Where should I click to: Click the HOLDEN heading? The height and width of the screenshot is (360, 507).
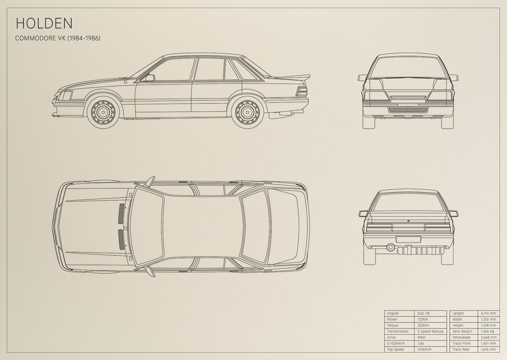pos(44,23)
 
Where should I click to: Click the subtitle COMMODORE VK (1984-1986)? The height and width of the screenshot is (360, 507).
pos(58,38)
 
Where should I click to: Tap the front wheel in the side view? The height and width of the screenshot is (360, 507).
pos(103,112)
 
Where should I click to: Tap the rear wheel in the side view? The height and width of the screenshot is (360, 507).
pos(247,112)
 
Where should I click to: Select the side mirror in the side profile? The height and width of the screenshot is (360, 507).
pos(150,78)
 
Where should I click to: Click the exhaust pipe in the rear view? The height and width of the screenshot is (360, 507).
pos(391,247)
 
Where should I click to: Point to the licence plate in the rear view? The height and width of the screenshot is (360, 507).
pos(408,239)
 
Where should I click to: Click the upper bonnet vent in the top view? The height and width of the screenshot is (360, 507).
pos(122,213)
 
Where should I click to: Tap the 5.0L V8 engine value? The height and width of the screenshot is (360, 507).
pos(424,313)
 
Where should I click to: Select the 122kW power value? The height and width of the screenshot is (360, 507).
pos(423,319)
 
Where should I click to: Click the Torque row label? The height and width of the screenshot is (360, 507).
pos(393,325)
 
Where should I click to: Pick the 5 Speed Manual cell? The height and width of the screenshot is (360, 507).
pos(430,331)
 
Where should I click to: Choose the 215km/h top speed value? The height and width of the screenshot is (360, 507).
pos(424,349)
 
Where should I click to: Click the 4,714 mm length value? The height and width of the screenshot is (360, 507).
pos(489,313)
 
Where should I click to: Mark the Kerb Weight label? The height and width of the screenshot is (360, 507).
pos(462,331)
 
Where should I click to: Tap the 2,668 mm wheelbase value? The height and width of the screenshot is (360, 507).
pos(489,337)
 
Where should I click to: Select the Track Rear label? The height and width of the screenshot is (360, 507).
pos(461,349)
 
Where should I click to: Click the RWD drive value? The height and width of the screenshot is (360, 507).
pos(422,337)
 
